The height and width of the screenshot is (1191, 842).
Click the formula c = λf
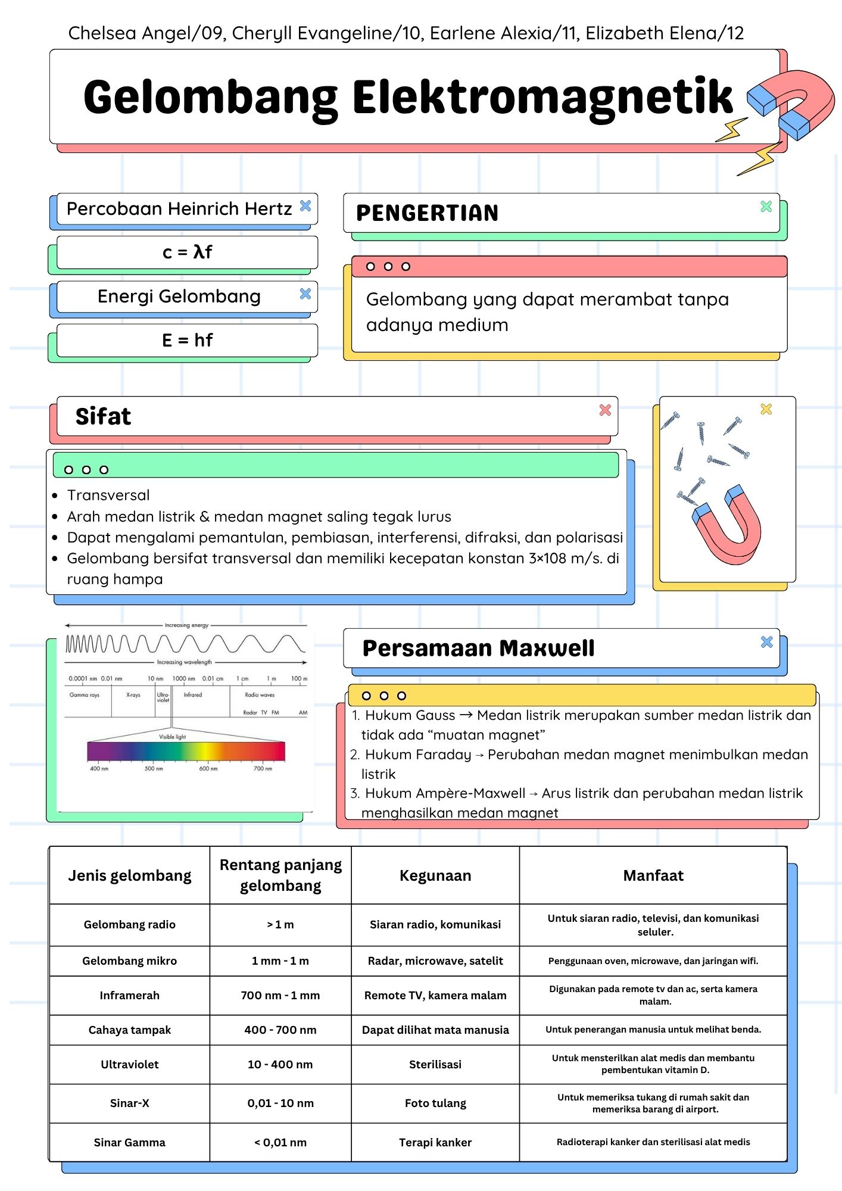(x=187, y=252)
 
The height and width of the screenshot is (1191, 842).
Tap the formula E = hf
(x=187, y=341)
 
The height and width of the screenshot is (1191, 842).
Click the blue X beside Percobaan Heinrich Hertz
(x=305, y=206)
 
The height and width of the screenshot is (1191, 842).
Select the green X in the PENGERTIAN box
(x=766, y=207)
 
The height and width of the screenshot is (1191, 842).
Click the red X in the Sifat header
(x=605, y=410)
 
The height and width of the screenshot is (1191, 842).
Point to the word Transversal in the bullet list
(x=108, y=495)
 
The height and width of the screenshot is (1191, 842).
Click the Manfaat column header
(x=653, y=875)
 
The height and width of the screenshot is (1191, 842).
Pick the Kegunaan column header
(x=435, y=875)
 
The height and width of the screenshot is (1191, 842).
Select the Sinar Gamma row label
(x=129, y=1142)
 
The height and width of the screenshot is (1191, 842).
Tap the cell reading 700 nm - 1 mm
(x=280, y=995)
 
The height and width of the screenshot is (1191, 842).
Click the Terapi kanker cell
(x=435, y=1142)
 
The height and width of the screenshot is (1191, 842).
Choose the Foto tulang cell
(x=435, y=1103)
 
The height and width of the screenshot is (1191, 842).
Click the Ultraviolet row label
(x=129, y=1064)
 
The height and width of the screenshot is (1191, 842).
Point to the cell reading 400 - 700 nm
(x=280, y=1030)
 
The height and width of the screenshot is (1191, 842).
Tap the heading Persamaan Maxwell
(x=478, y=648)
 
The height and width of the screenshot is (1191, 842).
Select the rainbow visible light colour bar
(x=186, y=752)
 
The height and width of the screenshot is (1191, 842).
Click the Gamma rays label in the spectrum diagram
(x=85, y=695)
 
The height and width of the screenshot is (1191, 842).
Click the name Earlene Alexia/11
(x=504, y=33)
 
